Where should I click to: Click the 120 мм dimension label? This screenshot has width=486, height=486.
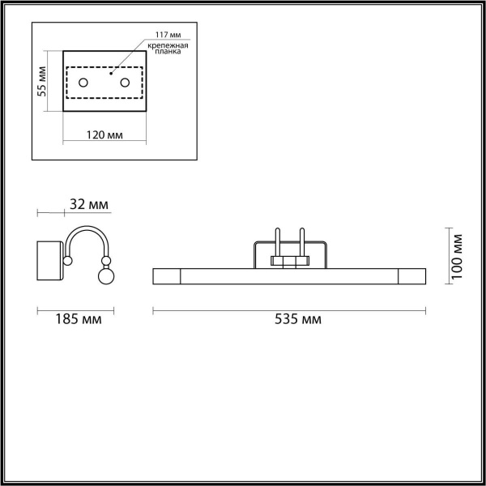[104, 134]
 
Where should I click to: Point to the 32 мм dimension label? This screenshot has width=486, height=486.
[88, 204]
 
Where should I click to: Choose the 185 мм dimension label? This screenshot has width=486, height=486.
[80, 319]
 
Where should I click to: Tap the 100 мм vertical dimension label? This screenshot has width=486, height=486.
[458, 256]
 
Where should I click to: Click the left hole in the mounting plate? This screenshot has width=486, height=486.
[83, 83]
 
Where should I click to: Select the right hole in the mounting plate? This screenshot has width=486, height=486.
[125, 83]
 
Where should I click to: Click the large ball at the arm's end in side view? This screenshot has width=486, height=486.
[105, 277]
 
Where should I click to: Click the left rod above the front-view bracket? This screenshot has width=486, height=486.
[277, 242]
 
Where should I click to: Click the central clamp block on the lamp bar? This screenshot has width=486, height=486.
[289, 262]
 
